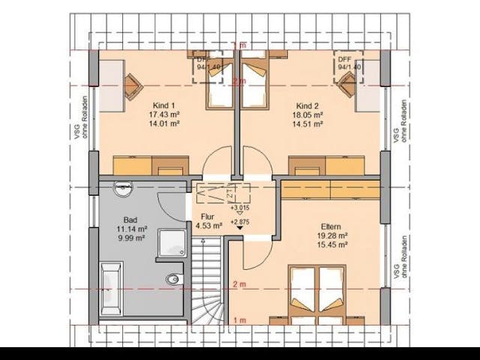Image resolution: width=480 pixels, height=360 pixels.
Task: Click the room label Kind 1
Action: pos(164,104)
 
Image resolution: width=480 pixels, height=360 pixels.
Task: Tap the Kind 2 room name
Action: pos(308,104)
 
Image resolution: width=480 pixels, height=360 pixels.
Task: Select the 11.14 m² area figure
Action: pos(130,229)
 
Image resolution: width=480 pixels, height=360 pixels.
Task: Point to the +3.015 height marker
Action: pos(240,208)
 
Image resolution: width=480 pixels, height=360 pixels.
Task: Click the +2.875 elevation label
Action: pos(240,223)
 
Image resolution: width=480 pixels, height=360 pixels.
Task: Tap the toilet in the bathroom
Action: pos(172,279)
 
